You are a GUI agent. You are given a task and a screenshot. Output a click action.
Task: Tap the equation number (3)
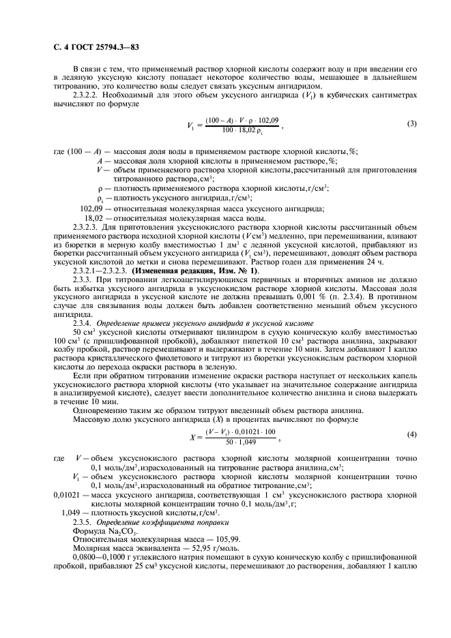411,123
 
